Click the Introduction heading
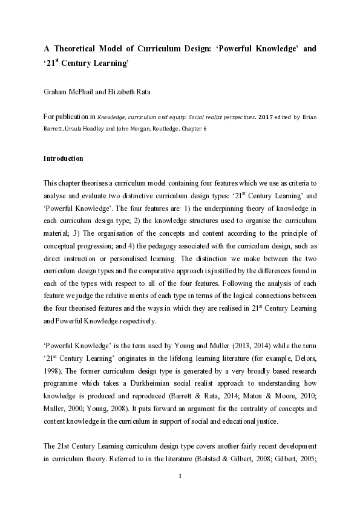coord(63,159)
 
